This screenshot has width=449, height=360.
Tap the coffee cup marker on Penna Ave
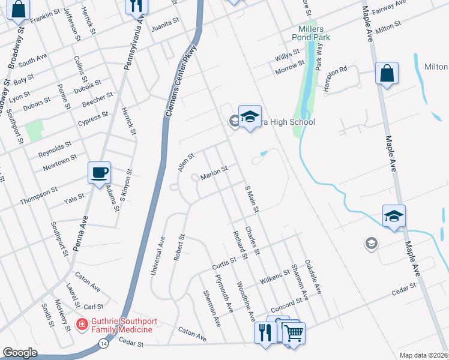pyautogui.click(x=99, y=172)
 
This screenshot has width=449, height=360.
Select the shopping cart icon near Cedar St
pyautogui.click(x=294, y=332)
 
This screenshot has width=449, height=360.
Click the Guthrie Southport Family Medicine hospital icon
pyautogui.click(x=80, y=324)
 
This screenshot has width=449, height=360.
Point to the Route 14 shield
pyautogui.click(x=104, y=343)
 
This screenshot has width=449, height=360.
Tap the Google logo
pyautogui.click(x=20, y=353)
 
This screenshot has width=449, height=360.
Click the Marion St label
pyautogui.click(x=214, y=173)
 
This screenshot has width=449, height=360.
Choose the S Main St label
pyautogui.click(x=252, y=199)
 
